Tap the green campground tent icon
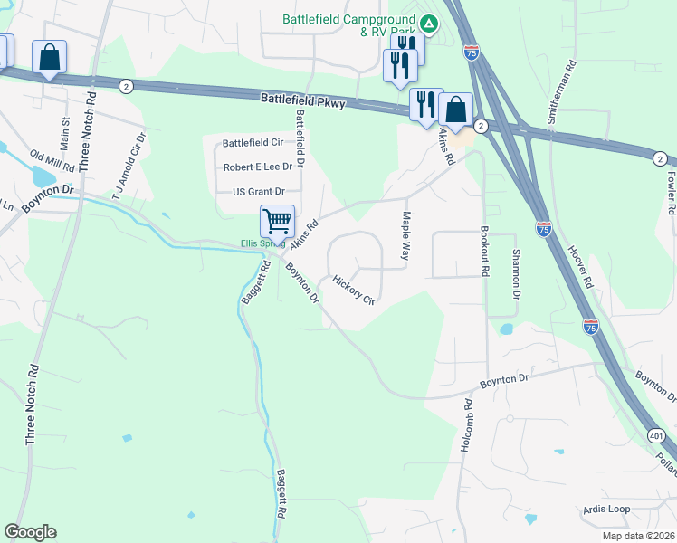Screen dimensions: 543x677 tap(430, 24)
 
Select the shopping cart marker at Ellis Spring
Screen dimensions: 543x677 tap(276, 220)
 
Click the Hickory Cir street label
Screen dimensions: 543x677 tap(353, 290)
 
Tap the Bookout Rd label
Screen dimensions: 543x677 tap(485, 252)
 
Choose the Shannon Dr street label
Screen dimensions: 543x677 tap(517, 275)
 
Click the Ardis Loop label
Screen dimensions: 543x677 tap(606, 509)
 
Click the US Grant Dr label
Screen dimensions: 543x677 tap(259, 192)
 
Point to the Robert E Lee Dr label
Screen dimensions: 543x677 tap(258, 167)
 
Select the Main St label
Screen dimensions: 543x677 tap(65, 132)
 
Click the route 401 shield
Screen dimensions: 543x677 tap(654, 436)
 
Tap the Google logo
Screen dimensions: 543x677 tap(30, 532)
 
